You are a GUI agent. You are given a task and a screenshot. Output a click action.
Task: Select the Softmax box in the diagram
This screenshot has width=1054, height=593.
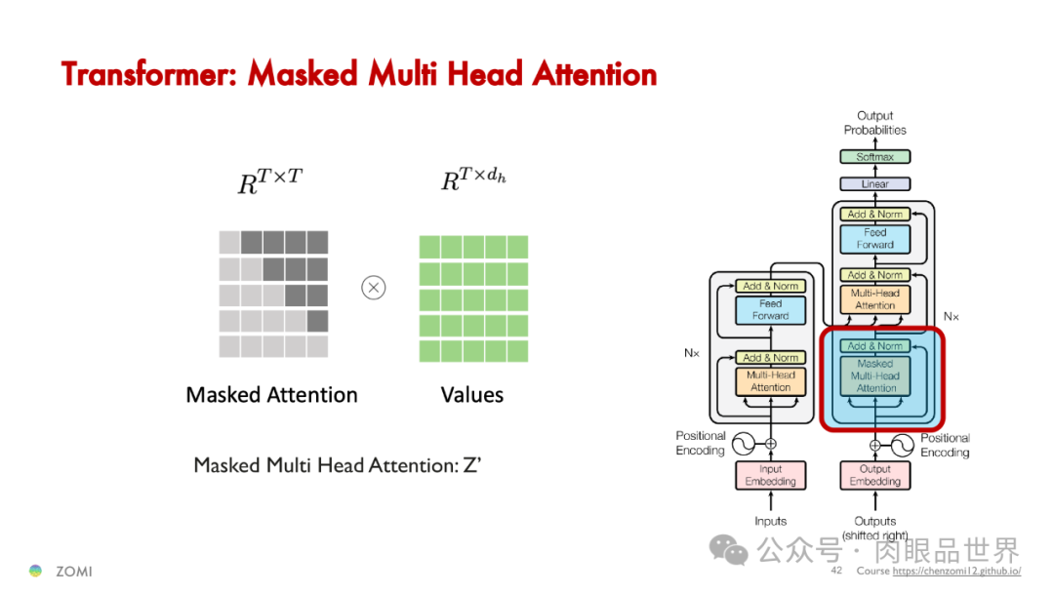(x=874, y=157)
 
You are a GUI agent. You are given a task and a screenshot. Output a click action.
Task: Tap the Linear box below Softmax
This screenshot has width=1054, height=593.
(x=874, y=183)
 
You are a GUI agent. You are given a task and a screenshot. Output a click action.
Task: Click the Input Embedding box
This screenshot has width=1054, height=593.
(x=770, y=475)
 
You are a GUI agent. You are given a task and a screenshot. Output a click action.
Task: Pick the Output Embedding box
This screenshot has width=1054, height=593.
(x=874, y=475)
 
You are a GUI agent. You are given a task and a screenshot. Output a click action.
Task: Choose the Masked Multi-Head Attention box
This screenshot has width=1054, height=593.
(x=875, y=376)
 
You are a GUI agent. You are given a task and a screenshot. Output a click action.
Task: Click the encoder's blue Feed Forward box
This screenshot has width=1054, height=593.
(x=770, y=310)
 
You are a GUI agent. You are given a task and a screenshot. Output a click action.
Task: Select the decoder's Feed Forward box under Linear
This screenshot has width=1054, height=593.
(x=874, y=239)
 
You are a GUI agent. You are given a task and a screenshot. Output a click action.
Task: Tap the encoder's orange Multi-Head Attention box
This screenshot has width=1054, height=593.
(x=770, y=381)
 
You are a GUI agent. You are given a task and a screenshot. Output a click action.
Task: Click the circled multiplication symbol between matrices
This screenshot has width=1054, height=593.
(x=374, y=287)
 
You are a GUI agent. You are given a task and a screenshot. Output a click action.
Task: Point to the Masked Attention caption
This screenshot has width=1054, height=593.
(x=271, y=395)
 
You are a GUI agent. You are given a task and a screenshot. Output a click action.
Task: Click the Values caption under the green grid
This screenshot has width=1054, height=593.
(x=472, y=395)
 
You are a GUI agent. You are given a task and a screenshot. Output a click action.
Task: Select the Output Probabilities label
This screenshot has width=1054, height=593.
(x=874, y=123)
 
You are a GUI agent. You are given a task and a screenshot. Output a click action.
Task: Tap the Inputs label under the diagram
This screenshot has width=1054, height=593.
(x=770, y=521)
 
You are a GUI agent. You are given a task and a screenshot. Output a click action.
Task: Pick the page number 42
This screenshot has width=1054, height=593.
(x=836, y=570)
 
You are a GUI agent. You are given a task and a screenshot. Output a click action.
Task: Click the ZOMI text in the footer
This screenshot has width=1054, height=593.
(x=73, y=571)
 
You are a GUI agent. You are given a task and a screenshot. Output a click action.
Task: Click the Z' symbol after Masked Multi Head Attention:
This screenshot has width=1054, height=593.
(x=472, y=465)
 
